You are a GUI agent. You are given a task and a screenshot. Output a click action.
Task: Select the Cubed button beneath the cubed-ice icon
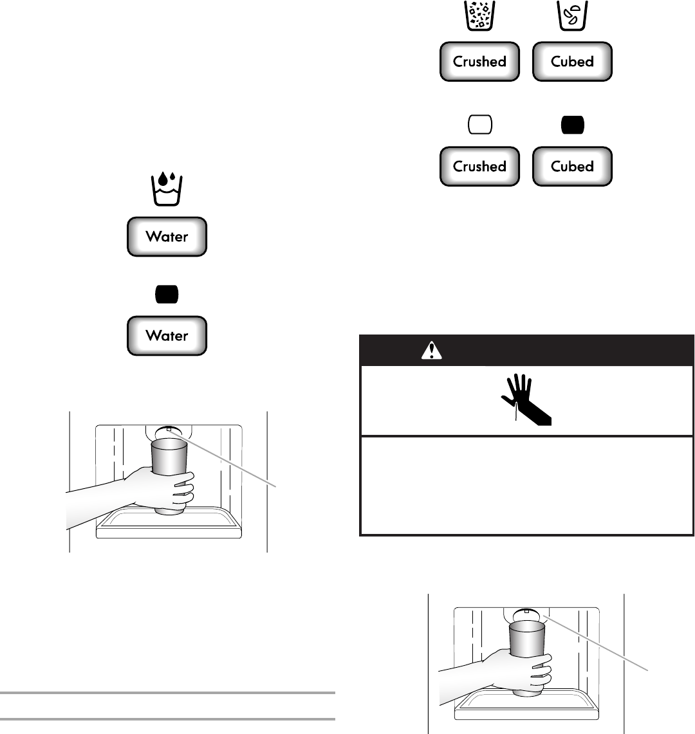[x=572, y=62]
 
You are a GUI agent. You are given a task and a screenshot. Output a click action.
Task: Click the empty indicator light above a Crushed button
[x=479, y=125]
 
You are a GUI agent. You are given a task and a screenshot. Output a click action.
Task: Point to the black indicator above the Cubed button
[x=572, y=125]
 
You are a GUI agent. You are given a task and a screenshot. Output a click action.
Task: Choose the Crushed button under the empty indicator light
[x=479, y=166]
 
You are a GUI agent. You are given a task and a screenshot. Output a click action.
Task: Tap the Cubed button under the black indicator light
[x=572, y=166]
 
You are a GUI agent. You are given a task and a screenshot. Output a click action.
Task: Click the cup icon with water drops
[x=167, y=189]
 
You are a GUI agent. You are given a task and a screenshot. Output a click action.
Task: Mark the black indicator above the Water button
[x=167, y=294]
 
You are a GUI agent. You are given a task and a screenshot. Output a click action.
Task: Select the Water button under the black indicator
[x=167, y=335]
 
